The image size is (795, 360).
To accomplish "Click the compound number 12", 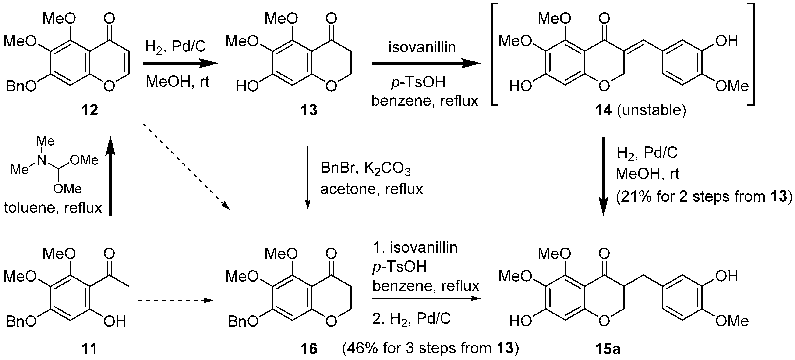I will (89, 110).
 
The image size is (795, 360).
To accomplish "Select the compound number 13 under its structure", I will (309, 110).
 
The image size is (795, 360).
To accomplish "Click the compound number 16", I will (309, 349).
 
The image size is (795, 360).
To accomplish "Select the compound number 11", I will (89, 349).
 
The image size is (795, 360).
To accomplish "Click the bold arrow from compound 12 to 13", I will (180, 64).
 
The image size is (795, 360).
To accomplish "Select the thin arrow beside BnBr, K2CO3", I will (307, 178).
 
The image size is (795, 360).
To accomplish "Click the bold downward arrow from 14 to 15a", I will (603, 176).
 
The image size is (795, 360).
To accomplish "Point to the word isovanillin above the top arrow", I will (422, 47).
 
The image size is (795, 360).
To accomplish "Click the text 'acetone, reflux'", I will (371, 189).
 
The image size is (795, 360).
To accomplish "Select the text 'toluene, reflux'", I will (53, 208).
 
